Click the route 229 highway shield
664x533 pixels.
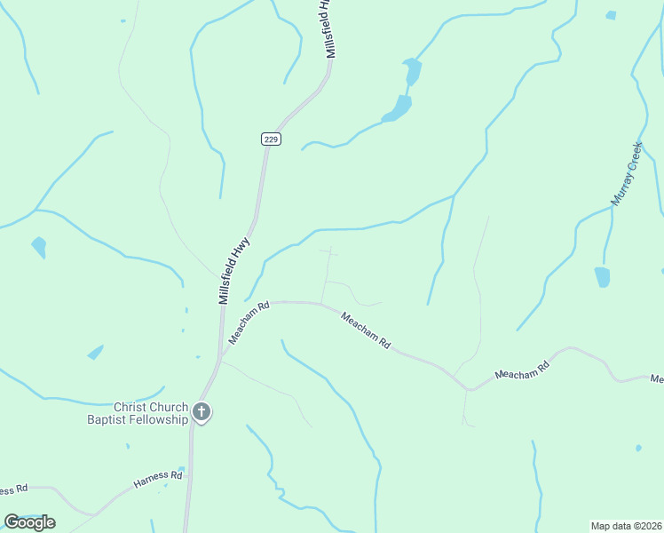click(272, 139)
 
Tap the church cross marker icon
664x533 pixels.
click(202, 411)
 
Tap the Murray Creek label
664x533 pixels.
click(627, 174)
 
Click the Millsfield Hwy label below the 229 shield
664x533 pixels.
click(235, 270)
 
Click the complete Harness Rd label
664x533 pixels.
click(158, 481)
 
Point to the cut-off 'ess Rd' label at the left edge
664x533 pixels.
click(13, 489)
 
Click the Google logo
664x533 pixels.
click(29, 522)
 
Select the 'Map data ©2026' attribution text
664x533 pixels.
click(626, 526)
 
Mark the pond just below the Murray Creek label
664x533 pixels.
click(603, 277)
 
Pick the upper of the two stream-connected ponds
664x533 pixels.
click(411, 71)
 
